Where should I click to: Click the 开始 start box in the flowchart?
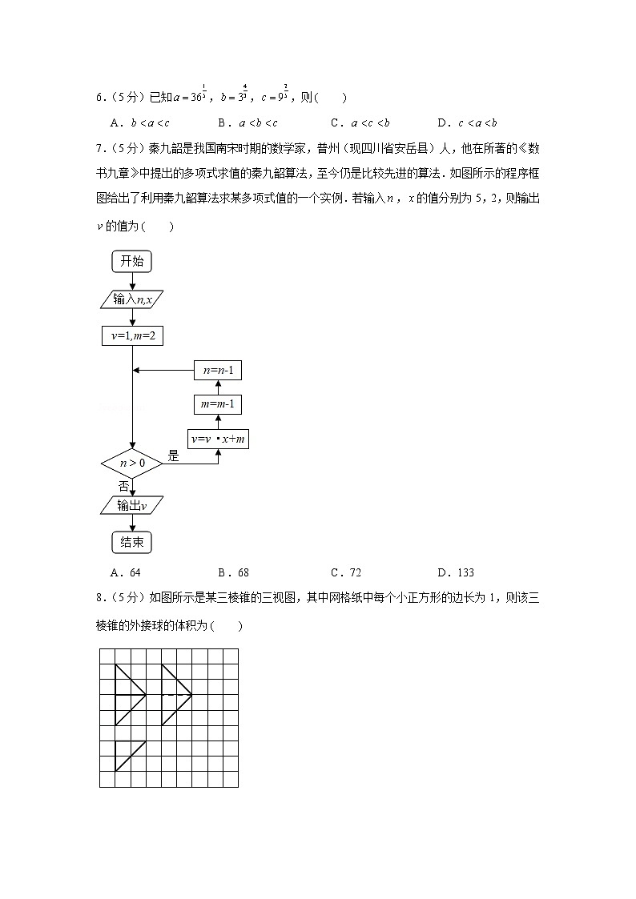[x=132, y=261]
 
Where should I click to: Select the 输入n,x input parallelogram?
[x=132, y=299]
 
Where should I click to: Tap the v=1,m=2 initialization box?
[x=132, y=337]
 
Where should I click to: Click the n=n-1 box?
[x=218, y=370]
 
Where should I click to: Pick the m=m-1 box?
[x=218, y=404]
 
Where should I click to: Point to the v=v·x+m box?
[x=218, y=439]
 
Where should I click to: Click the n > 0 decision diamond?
[x=132, y=464]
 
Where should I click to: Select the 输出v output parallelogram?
[x=132, y=505]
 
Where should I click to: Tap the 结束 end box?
[x=132, y=543]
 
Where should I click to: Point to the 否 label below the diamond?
[x=123, y=486]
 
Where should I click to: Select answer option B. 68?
[x=234, y=572]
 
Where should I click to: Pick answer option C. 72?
[x=346, y=572]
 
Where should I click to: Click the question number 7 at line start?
[x=98, y=148]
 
